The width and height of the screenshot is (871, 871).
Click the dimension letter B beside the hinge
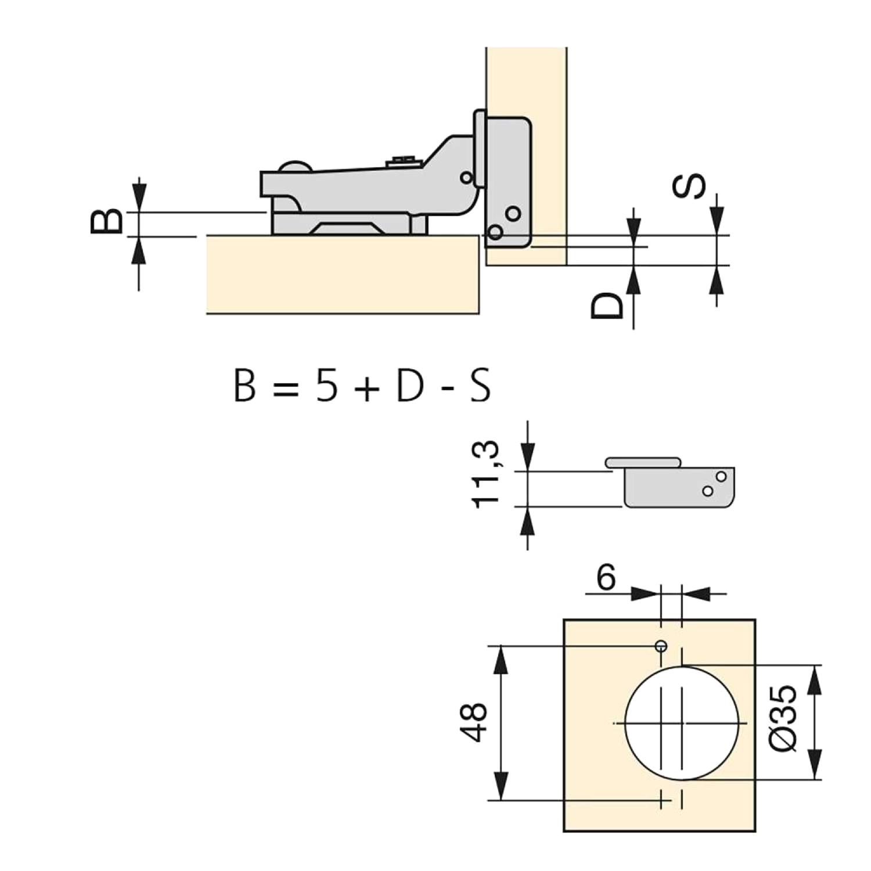[x=107, y=221]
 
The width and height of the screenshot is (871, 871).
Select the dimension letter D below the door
[x=607, y=306]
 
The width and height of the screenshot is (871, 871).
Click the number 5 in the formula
[x=326, y=386]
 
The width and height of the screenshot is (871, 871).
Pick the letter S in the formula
[x=480, y=386]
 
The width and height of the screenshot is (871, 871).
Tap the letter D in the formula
[x=410, y=386]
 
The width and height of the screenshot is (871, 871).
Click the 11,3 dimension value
[x=485, y=474]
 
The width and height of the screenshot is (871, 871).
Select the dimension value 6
[x=606, y=578]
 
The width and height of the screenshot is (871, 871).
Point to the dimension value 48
[x=474, y=722]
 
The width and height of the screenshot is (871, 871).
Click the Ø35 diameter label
[x=783, y=718]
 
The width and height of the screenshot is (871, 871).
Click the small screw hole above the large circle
[x=661, y=646]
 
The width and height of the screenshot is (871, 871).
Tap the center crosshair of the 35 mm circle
[x=682, y=723]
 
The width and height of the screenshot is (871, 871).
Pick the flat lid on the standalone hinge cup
[x=643, y=462]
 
